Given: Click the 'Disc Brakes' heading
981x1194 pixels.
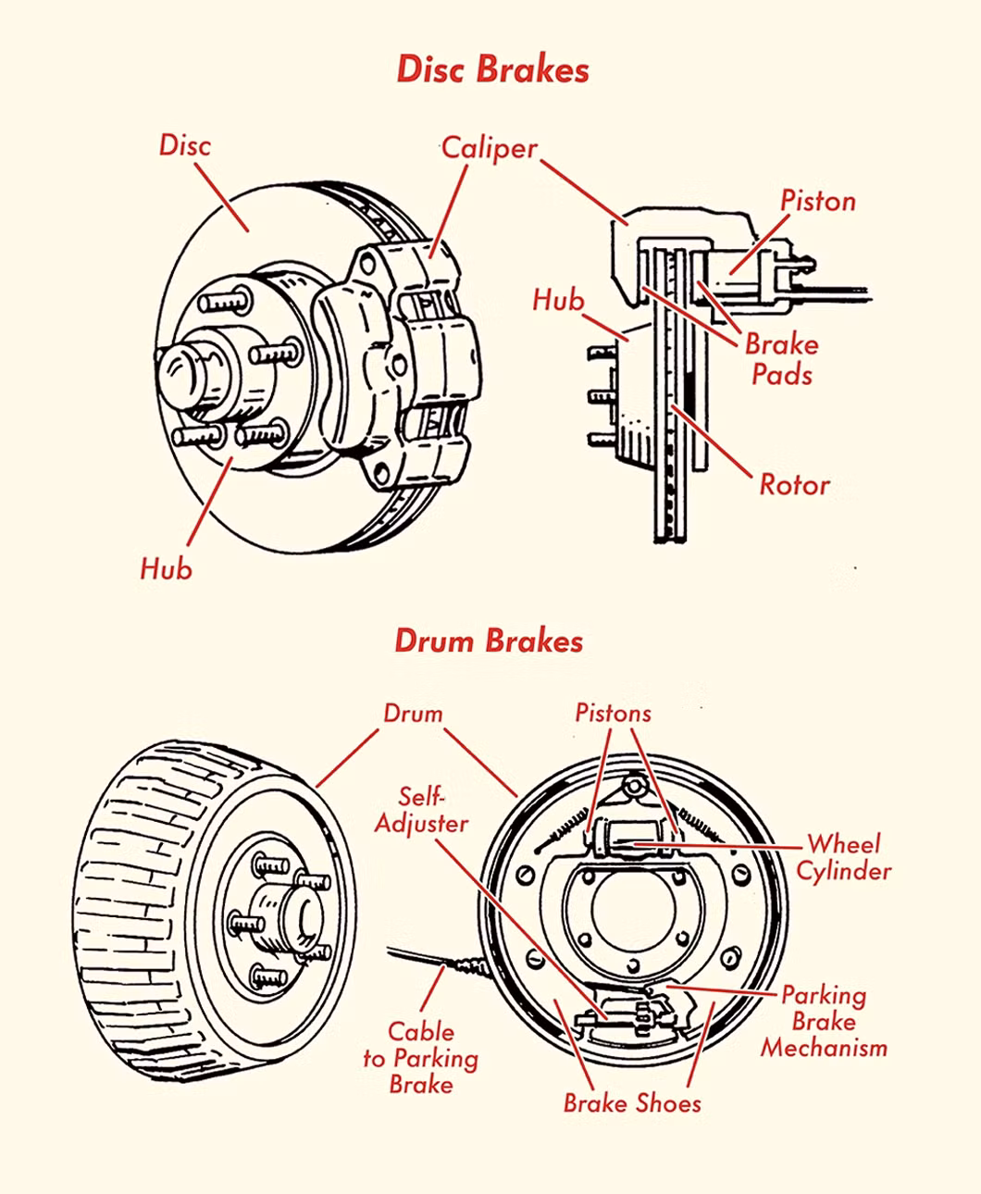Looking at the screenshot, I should pyautogui.click(x=492, y=70).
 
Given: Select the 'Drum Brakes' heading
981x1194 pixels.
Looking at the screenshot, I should pyautogui.click(x=489, y=641).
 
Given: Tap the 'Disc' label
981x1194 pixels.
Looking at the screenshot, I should pyautogui.click(x=185, y=145).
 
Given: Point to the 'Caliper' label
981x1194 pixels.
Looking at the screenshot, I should pyautogui.click(x=489, y=148).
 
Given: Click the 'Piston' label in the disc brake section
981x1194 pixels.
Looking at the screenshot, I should pyautogui.click(x=817, y=201).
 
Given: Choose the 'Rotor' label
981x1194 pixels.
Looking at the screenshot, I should pyautogui.click(x=794, y=484).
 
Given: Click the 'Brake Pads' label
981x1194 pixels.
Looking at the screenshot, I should pyautogui.click(x=782, y=359).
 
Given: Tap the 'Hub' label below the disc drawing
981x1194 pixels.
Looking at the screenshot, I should pyautogui.click(x=167, y=567).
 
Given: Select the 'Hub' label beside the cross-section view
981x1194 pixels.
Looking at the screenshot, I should pyautogui.click(x=558, y=300).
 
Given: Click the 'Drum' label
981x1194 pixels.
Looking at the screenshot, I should pyautogui.click(x=413, y=714).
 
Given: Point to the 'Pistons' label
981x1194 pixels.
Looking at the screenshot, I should pyautogui.click(x=613, y=713).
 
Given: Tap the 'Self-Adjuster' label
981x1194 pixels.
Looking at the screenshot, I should pyautogui.click(x=422, y=810).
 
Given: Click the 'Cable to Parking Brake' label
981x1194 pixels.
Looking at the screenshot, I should pyautogui.click(x=421, y=1058).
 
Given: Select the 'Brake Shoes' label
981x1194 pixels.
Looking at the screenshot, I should pyautogui.click(x=632, y=1103).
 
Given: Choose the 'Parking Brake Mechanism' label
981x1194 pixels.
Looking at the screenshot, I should pyautogui.click(x=824, y=1022).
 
